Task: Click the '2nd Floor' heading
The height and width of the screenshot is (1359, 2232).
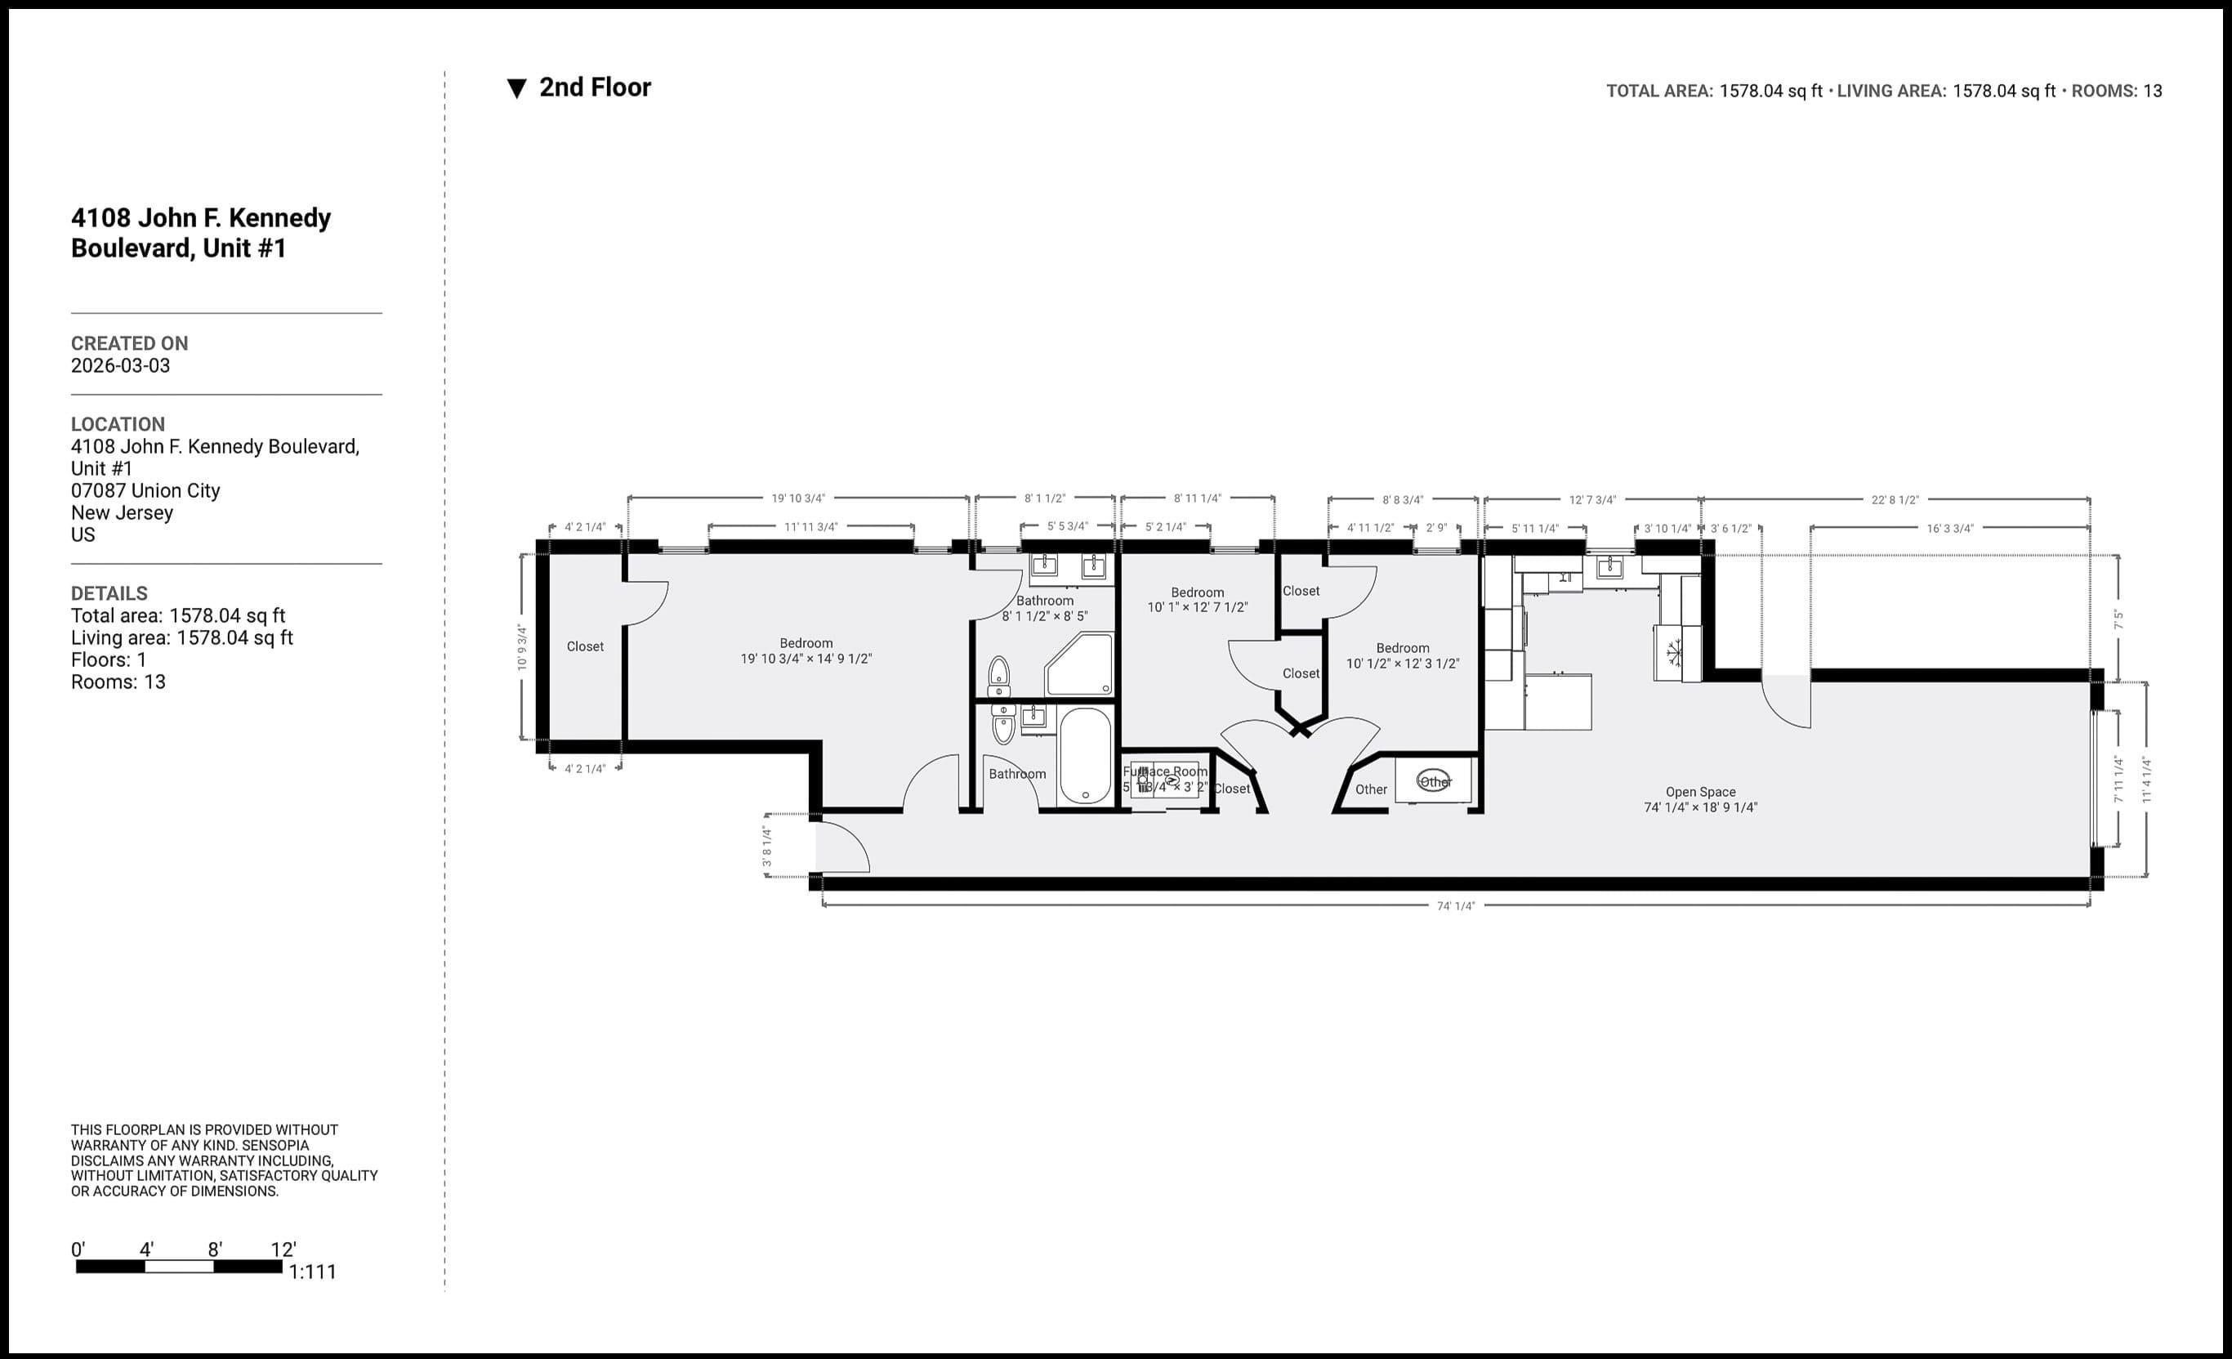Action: point(594,88)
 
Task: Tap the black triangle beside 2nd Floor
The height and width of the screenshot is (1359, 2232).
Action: point(516,89)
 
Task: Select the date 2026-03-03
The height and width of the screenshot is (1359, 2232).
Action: point(120,366)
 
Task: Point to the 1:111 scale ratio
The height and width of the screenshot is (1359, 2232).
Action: point(313,1272)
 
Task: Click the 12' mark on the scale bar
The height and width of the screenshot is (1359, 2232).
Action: point(283,1250)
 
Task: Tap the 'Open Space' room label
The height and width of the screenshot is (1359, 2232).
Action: point(1700,792)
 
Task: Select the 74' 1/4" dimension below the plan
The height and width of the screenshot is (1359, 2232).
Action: point(1455,906)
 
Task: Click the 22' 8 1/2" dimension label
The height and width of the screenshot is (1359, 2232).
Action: point(1895,499)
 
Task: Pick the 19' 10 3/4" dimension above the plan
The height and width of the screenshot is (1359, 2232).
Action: point(798,498)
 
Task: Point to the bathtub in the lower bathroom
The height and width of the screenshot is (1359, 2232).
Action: point(1084,756)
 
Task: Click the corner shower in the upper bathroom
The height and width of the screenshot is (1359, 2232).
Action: point(1080,666)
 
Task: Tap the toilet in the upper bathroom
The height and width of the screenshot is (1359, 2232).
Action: point(998,675)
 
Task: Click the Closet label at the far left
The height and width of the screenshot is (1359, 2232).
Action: point(584,647)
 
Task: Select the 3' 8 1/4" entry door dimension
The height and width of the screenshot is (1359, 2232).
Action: point(767,845)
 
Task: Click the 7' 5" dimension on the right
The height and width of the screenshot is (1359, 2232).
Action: point(2118,619)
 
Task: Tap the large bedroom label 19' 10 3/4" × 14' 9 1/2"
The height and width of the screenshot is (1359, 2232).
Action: point(806,659)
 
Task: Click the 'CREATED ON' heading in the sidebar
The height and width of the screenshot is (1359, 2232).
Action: point(130,343)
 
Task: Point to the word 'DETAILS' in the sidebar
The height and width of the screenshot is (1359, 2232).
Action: point(109,593)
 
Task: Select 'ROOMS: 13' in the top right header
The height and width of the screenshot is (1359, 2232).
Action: point(2116,92)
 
